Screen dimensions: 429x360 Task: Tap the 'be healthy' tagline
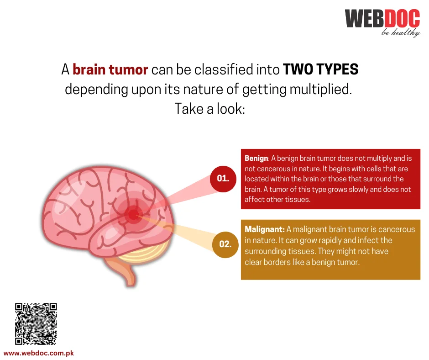401,33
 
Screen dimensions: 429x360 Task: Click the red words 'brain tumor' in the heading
110,69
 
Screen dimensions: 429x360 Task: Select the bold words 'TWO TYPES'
320,69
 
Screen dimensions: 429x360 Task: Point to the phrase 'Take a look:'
209,109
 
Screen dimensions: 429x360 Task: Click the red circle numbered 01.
223,179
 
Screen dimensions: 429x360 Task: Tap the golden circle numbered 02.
225,244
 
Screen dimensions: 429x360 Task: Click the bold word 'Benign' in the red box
256,159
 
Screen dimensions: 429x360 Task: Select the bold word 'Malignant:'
265,229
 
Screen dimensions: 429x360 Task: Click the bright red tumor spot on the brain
133,215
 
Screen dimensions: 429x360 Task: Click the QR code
36,323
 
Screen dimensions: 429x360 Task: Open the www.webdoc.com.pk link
39,353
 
